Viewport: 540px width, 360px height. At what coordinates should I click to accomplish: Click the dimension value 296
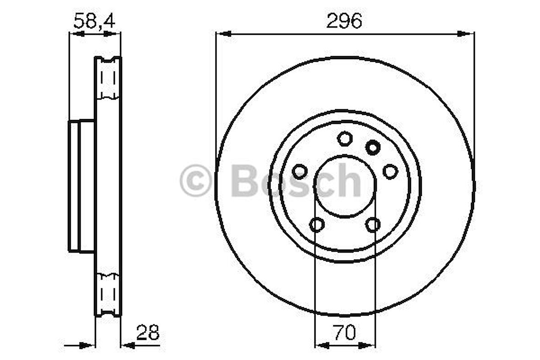point(344,21)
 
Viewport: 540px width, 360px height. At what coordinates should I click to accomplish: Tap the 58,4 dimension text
point(94,21)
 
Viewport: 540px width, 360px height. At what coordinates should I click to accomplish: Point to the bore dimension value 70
point(344,333)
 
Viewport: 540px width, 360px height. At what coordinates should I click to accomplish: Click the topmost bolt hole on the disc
point(345,138)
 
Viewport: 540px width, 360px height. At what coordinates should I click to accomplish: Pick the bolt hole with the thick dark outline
point(373,147)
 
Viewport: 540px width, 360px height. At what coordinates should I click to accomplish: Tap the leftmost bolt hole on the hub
point(299,172)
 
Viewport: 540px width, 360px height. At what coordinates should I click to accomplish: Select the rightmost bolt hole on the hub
point(390,172)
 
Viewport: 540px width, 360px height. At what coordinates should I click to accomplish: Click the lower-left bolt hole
point(317,224)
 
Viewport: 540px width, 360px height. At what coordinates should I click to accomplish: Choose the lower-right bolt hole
point(373,224)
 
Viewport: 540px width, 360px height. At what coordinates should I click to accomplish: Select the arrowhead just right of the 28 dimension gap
point(127,345)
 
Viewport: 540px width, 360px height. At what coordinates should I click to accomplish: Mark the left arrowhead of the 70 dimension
point(322,345)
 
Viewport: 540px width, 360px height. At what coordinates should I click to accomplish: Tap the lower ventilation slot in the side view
point(108,293)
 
